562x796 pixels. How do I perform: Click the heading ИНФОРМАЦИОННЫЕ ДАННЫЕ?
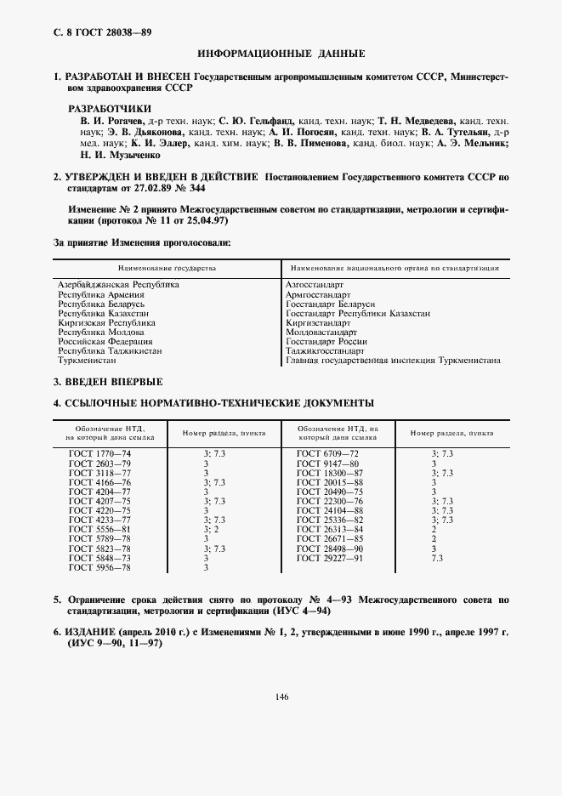pyautogui.click(x=281, y=54)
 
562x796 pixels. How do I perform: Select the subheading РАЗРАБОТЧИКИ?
pyautogui.click(x=109, y=109)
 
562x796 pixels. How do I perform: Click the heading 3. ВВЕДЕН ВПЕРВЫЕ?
pyautogui.click(x=108, y=382)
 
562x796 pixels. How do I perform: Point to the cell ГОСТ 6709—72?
pyautogui.click(x=327, y=455)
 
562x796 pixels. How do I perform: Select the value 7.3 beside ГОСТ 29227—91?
pyautogui.click(x=437, y=558)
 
